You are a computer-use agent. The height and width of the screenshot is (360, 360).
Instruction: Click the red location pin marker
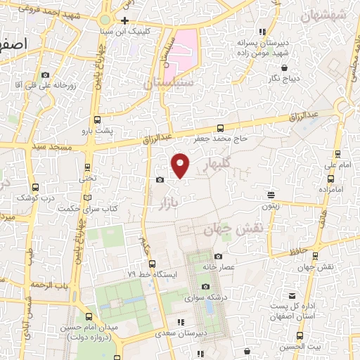[181, 165]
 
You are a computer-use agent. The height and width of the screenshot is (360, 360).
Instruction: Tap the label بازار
[161, 204]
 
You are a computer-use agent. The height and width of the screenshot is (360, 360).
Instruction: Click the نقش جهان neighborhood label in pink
[233, 229]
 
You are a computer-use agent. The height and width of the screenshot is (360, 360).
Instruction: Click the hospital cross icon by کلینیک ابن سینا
[124, 20]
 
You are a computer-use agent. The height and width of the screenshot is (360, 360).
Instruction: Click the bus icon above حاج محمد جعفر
[221, 128]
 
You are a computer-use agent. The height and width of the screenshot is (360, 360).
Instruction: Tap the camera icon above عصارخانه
[219, 257]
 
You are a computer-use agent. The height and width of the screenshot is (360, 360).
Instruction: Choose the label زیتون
[271, 206]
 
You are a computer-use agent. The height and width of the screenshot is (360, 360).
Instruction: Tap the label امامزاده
[330, 190]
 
